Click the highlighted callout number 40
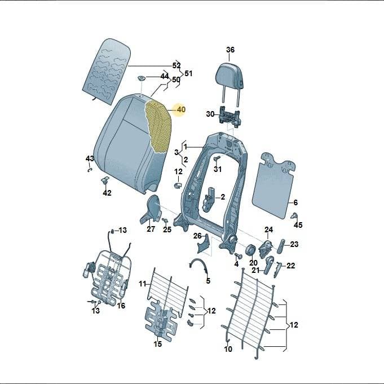coord(181,109)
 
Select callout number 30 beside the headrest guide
coord(210,114)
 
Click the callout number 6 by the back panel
coord(295,202)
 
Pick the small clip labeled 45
coord(294,216)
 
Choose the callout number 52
coord(176,65)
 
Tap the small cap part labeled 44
coord(141,79)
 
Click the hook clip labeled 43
coord(90,170)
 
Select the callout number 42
coord(107,193)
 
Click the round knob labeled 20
coord(250,250)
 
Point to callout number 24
coord(268,229)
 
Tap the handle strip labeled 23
coord(281,246)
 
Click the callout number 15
coord(158,344)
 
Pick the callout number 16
coord(121,306)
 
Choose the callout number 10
coord(228,348)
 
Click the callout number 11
coord(143,284)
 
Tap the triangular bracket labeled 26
coord(203,244)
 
